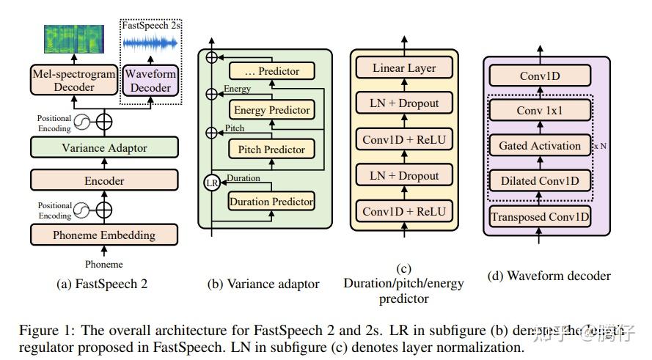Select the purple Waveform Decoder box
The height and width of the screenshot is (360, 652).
[150, 81]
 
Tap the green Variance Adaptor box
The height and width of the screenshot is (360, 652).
[104, 148]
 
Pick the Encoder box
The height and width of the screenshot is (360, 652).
[104, 180]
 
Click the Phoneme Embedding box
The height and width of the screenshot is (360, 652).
[104, 235]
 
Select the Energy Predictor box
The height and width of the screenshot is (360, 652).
[271, 111]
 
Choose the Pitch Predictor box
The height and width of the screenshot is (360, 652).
[271, 150]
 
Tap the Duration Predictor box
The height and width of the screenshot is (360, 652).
[271, 202]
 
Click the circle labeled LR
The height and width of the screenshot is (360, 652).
[212, 183]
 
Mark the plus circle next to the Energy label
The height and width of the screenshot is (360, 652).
[212, 94]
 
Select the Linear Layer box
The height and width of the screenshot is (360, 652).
[404, 68]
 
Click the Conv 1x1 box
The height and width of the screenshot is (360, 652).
[540, 111]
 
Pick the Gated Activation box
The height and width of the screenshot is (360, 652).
[540, 146]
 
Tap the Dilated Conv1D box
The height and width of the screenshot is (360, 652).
[540, 181]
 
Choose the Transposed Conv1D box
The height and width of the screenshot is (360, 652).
[540, 217]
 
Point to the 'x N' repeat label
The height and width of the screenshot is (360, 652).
[601, 146]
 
